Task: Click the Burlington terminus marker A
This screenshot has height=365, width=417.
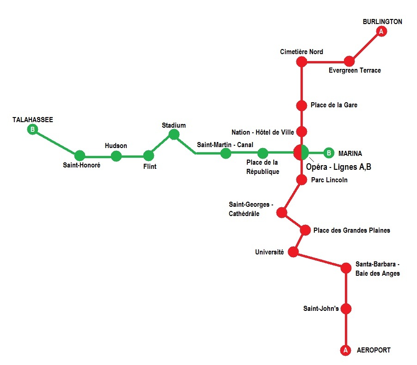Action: pos(381,31)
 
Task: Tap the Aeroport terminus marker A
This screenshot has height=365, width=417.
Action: pos(345,351)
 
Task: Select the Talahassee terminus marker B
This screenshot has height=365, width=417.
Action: pos(32,130)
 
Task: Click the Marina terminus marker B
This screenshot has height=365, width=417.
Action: pos(328,153)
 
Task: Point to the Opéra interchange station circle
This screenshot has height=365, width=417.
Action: pos(301,152)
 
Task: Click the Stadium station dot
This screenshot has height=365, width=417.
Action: pos(174,134)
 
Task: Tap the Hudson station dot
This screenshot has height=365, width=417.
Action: pos(116,156)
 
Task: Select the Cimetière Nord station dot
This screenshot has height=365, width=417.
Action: pos(301,61)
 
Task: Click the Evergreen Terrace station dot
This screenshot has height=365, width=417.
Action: pos(350,61)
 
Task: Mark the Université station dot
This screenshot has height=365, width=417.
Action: pos(293,252)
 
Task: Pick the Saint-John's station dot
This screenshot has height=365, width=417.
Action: pos(346,309)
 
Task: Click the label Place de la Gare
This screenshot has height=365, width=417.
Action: pos(334,105)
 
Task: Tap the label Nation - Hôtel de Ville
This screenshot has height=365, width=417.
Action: pos(263,132)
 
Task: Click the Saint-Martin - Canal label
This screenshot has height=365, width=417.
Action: pos(225,145)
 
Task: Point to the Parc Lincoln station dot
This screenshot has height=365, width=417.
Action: pos(301,180)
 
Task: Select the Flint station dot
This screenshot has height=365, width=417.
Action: pos(148,155)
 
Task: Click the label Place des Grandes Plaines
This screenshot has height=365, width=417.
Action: pos(351,230)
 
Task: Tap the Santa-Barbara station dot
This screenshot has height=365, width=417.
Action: pos(346,268)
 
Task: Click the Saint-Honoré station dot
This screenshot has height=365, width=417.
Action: pos(80,155)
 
